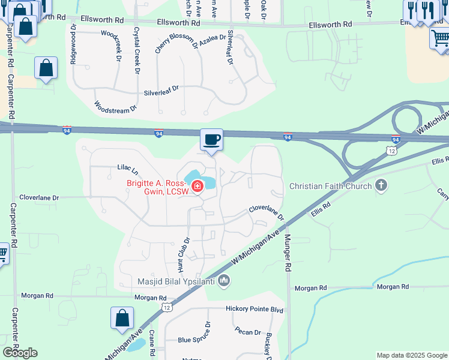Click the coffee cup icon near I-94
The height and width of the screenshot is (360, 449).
click(x=211, y=140)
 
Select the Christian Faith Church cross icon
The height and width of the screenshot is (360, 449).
click(x=381, y=186)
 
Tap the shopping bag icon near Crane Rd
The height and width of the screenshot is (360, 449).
click(x=122, y=319)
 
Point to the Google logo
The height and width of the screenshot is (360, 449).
click(x=20, y=353)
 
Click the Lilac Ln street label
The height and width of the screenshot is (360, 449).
click(x=127, y=170)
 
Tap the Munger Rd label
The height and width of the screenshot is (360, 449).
click(x=288, y=253)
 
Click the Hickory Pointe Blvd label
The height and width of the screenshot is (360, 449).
click(x=254, y=309)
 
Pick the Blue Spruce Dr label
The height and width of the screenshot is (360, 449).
click(x=194, y=339)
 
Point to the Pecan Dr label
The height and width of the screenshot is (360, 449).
click(x=249, y=332)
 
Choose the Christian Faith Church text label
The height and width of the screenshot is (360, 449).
click(x=330, y=186)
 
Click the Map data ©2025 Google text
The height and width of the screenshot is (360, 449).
click(x=411, y=355)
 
